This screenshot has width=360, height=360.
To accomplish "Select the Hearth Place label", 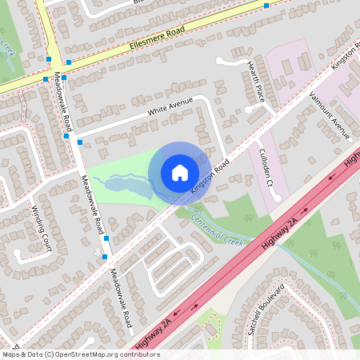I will [255, 82].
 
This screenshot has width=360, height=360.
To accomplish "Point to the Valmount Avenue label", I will [330, 115].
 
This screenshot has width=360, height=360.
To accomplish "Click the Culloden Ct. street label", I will [266, 167].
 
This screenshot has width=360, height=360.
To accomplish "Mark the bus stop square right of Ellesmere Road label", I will [266, 6].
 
